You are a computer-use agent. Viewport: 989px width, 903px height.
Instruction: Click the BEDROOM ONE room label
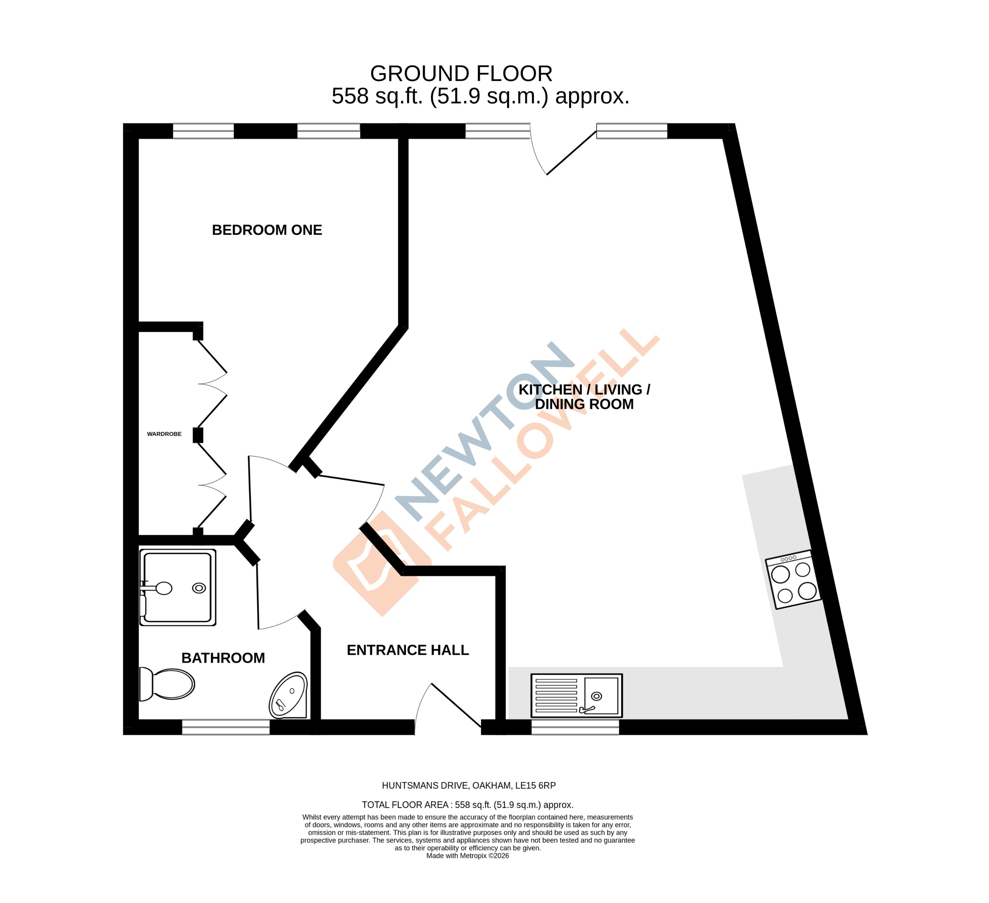(x=267, y=230)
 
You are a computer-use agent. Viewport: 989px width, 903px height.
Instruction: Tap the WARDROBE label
(x=164, y=434)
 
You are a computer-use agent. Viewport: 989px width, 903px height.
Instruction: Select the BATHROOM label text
(x=223, y=658)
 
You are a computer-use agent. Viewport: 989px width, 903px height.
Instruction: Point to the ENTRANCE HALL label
(x=408, y=650)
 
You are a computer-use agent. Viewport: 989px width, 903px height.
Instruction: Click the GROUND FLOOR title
(x=461, y=74)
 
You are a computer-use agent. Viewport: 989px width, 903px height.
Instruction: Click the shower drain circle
(x=199, y=588)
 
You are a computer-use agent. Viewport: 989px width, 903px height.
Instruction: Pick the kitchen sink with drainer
(x=577, y=696)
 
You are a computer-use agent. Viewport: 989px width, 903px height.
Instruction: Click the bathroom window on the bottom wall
(x=226, y=727)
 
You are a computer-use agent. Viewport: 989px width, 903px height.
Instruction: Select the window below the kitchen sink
(x=575, y=727)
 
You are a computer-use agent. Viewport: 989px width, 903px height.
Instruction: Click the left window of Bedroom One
(x=203, y=131)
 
